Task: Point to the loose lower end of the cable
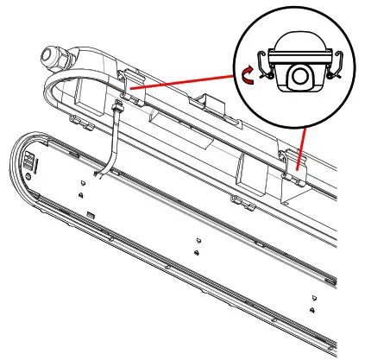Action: click(x=98, y=177)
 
